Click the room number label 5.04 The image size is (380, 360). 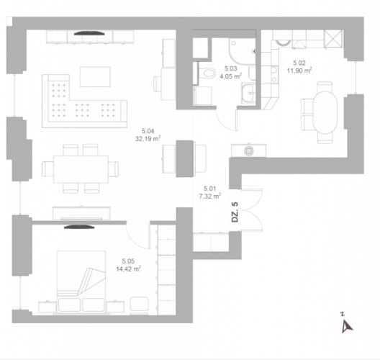coord(148,131)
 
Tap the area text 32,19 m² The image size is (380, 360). coord(148,139)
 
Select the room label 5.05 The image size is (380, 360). coord(128,261)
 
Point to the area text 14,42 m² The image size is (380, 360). coord(128,269)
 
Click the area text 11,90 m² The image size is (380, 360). coord(299,71)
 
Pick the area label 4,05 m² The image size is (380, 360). coord(231,76)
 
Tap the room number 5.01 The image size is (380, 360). coord(210,189)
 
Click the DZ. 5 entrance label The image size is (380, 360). coord(235,212)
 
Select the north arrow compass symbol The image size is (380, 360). coord(347,325)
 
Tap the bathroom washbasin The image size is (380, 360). coord(248,93)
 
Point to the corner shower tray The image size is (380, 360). coord(242,51)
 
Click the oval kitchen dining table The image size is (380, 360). coord(325,112)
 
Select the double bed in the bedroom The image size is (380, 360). coord(81,282)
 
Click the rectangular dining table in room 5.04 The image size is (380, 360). coord(81,169)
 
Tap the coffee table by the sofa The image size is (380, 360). coord(95,76)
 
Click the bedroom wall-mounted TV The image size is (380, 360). coord(79,227)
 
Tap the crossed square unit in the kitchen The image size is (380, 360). coord(333,38)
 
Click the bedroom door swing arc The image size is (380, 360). coord(135,241)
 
